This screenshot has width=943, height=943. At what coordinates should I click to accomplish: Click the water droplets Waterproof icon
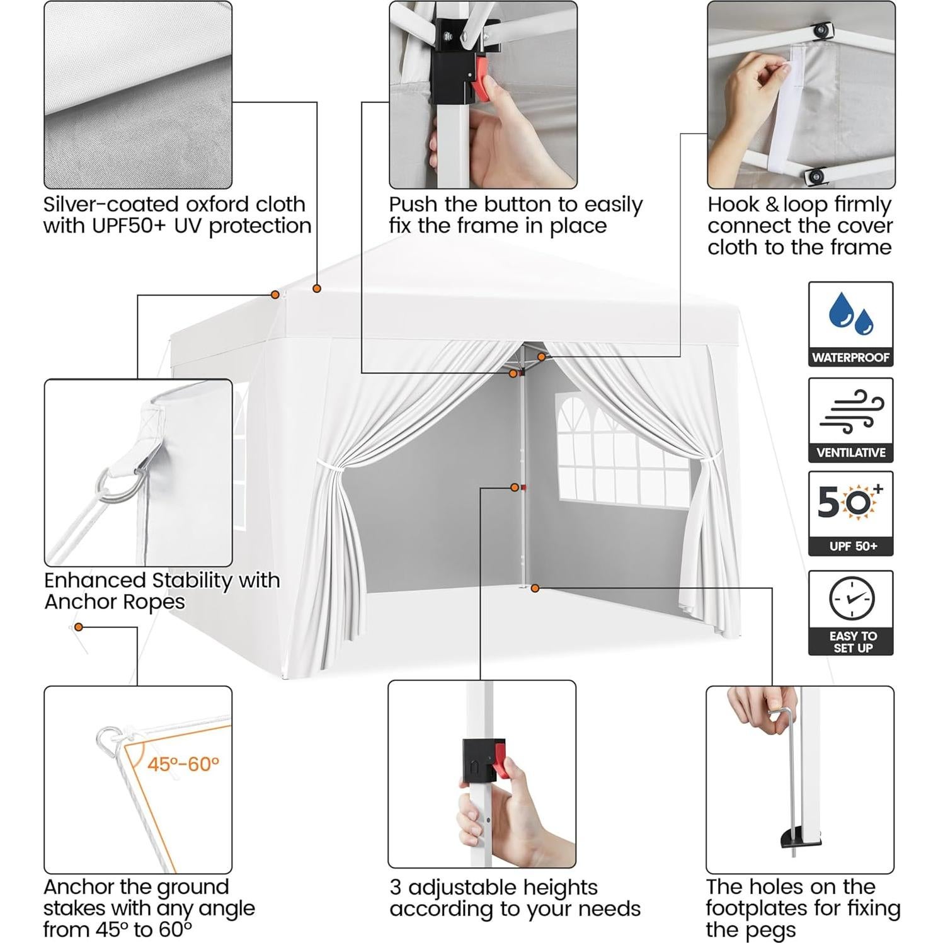coord(850,315)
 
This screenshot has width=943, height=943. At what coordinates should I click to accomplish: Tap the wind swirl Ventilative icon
coord(850,411)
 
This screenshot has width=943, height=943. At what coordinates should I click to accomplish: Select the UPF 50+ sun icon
coord(850,503)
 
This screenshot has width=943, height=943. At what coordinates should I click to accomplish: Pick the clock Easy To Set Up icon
coord(851,598)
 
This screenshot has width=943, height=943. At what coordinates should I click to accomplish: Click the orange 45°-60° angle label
coord(183,764)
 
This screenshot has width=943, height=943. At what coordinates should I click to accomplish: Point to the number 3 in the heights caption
coord(396,888)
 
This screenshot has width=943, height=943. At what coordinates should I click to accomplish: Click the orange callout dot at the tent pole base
coord(535,588)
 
